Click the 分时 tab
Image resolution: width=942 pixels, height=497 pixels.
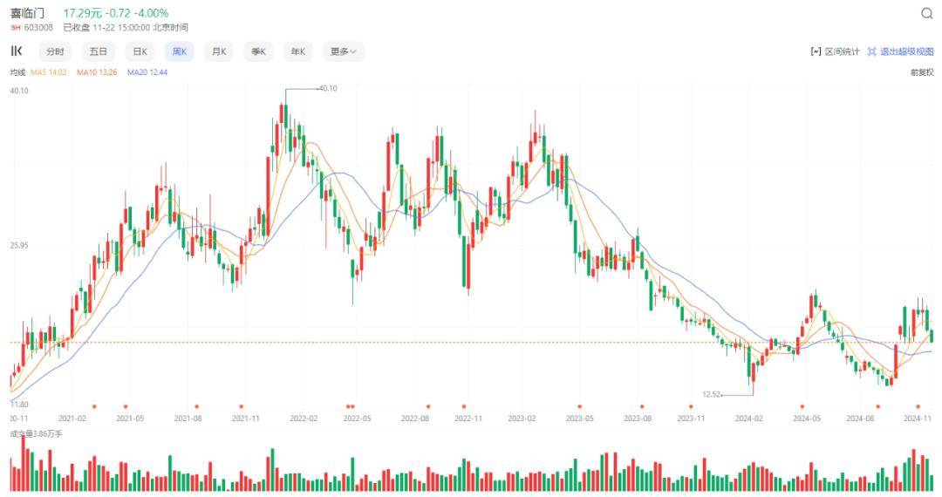click(x=55, y=51)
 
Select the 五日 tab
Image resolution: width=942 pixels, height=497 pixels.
click(x=98, y=51)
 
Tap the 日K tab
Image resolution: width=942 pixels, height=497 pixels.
click(x=139, y=51)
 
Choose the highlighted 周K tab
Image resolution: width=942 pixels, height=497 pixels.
click(x=179, y=51)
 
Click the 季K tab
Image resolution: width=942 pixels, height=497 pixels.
click(x=258, y=51)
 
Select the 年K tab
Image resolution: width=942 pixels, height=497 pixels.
click(x=298, y=51)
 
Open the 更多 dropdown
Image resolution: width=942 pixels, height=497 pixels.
click(x=343, y=51)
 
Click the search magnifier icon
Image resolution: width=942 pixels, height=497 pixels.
click(x=927, y=14)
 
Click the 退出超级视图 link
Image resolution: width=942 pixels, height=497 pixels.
click(x=901, y=51)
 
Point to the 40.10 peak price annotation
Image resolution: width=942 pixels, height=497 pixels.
click(x=328, y=88)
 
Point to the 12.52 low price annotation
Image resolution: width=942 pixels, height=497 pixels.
click(x=712, y=394)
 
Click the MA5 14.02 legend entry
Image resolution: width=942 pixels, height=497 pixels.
click(x=49, y=72)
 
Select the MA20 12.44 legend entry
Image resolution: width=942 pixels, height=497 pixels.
click(x=147, y=72)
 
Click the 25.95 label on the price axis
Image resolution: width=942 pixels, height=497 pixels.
click(x=19, y=246)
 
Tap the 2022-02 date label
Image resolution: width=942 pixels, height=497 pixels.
click(x=304, y=419)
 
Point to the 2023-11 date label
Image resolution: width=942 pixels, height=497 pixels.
click(x=691, y=419)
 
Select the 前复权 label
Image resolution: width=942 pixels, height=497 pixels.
click(x=922, y=72)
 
